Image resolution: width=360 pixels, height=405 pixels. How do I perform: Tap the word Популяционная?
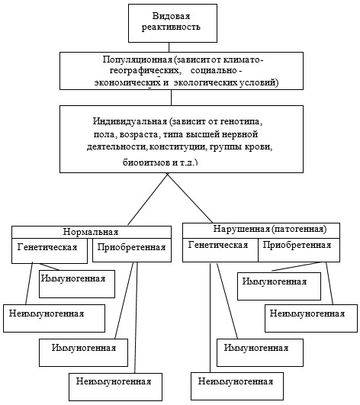coord(137,59)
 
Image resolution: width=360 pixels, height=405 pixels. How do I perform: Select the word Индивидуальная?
coord(130,121)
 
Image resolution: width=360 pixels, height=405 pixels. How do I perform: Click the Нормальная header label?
coord(91,232)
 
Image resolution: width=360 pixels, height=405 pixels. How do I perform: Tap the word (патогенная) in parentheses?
coord(299,229)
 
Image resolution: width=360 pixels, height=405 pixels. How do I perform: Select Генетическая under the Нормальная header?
coord(47,247)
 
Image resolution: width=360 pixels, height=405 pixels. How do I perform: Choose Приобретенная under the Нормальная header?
coord(131,247)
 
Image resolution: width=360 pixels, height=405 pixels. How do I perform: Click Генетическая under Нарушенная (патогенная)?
coord(218,245)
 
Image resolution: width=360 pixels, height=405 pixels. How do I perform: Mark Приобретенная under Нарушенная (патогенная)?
coord(297,245)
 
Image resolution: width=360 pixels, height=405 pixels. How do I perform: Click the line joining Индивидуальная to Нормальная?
coord(147,199)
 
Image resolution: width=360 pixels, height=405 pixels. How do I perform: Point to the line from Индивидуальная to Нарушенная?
coord(190,198)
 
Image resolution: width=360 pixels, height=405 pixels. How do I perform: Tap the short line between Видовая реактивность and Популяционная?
coord(169,47)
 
